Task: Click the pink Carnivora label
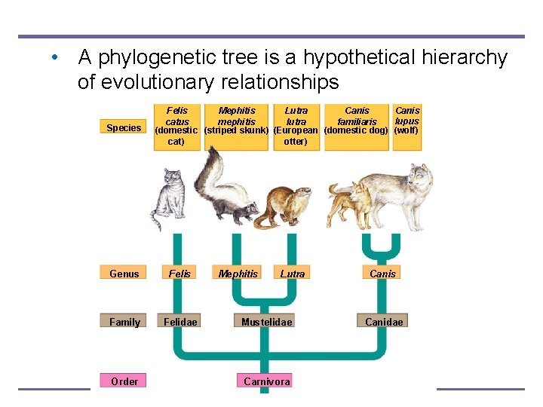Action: click(x=267, y=381)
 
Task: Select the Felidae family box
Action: click(x=180, y=322)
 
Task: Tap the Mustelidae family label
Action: click(x=266, y=322)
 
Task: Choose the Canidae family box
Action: click(x=384, y=322)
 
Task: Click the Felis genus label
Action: click(x=180, y=274)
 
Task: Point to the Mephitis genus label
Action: click(x=238, y=274)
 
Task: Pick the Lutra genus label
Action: click(x=293, y=274)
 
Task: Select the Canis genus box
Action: click(x=383, y=274)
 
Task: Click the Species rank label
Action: click(x=124, y=127)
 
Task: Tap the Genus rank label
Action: click(x=124, y=274)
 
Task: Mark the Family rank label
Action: click(x=124, y=322)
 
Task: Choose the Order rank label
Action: click(x=124, y=381)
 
